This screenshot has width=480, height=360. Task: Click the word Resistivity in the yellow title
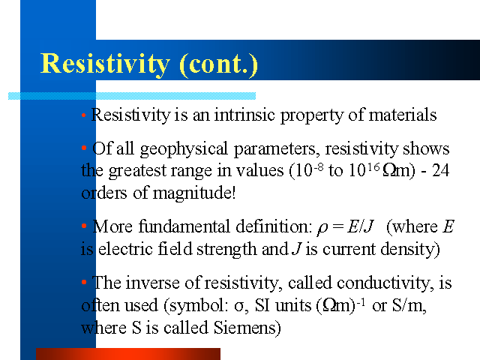click(x=105, y=64)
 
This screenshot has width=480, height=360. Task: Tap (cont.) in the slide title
click(x=218, y=64)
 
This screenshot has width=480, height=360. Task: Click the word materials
click(x=403, y=115)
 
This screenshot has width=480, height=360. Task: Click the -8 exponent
click(x=317, y=166)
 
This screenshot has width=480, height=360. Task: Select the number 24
click(x=440, y=170)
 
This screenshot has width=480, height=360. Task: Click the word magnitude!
click(x=194, y=193)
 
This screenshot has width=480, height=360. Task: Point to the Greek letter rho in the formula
click(x=322, y=228)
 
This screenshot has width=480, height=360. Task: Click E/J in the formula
click(x=360, y=226)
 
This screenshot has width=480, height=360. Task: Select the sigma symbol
click(x=238, y=307)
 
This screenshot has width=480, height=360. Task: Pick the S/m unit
click(x=408, y=305)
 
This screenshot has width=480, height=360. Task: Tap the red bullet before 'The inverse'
click(x=84, y=282)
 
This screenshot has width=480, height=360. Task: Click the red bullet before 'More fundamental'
click(x=84, y=226)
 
